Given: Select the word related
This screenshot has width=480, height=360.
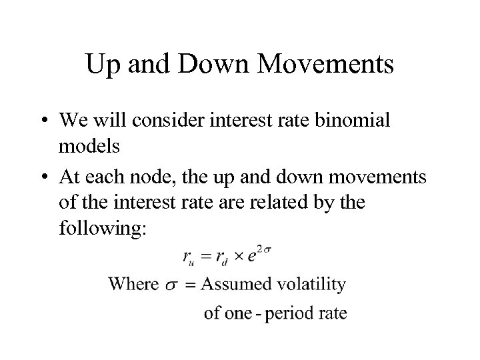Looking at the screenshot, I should point(289,201).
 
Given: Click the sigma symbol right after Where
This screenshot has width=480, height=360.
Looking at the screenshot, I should point(171,285).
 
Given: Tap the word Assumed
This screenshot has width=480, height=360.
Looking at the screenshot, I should point(235,285).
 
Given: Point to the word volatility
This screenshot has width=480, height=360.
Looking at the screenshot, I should point(311,285).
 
